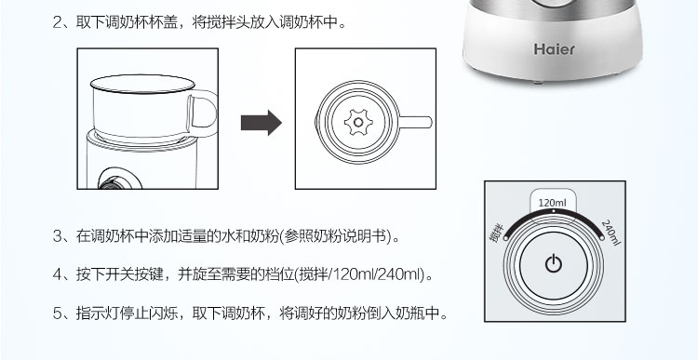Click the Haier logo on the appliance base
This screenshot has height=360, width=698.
[x=555, y=49]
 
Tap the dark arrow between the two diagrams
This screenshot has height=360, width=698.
[x=262, y=123]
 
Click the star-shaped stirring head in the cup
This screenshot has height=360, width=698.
[x=358, y=123]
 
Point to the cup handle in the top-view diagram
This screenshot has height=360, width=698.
[x=416, y=123]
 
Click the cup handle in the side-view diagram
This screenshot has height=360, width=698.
[x=206, y=113]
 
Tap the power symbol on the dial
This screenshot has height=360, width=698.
[x=554, y=264]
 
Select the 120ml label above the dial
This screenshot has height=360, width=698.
[x=553, y=204]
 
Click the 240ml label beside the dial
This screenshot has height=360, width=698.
[x=611, y=233]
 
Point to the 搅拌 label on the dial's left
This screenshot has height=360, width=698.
[x=496, y=233]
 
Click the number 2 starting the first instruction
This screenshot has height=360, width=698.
[x=58, y=22]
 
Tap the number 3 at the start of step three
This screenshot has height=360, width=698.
[x=58, y=236]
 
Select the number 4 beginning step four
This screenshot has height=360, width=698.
[x=58, y=274]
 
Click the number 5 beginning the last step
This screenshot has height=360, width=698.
[x=58, y=313]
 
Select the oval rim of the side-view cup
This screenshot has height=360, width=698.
[x=142, y=84]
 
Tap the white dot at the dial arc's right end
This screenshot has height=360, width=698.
[x=602, y=238]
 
